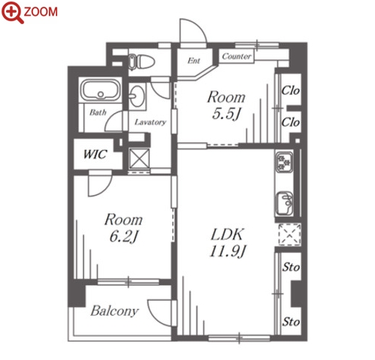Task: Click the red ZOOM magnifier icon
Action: click(12, 12)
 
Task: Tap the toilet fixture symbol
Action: click(141, 61)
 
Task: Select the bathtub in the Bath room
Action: click(101, 90)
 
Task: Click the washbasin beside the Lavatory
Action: click(136, 96)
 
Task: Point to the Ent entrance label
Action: click(194, 60)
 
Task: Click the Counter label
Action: click(236, 56)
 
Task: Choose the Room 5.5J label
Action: click(226, 105)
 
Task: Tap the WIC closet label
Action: click(95, 154)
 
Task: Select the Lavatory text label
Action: click(151, 122)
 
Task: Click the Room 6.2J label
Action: click(123, 227)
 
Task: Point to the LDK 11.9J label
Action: click(227, 243)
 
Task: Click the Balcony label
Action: click(114, 311)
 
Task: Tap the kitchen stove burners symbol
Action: click(284, 162)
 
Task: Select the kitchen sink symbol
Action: click(284, 203)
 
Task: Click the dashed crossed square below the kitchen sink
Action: click(290, 235)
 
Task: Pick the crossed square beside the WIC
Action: click(139, 158)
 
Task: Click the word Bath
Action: click(98, 112)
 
